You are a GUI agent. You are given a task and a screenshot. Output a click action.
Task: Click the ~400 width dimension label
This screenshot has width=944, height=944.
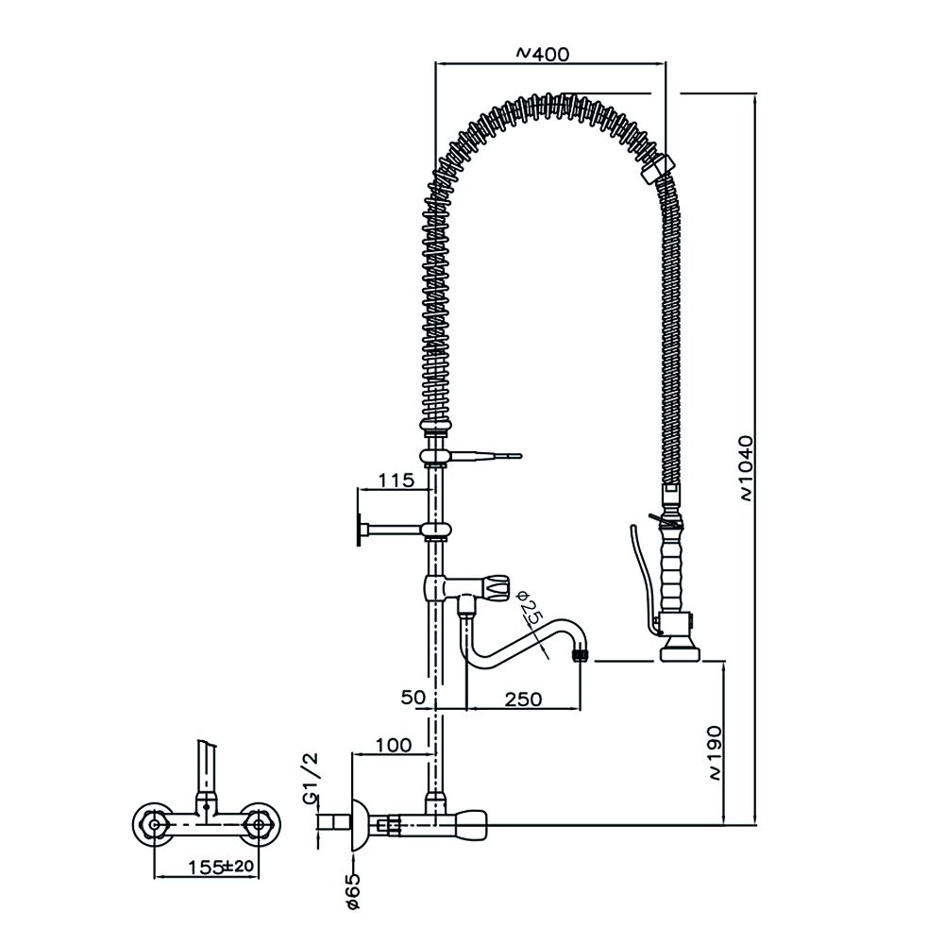point(544,54)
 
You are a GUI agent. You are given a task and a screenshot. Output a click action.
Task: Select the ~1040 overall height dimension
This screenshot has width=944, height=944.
point(745,466)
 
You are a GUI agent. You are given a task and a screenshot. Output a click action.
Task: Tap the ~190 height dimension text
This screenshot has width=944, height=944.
point(715,752)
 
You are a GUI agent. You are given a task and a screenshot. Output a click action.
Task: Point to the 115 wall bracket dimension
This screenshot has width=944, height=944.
point(396,480)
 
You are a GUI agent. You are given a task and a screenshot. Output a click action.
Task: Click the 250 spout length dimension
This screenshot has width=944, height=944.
point(523,699)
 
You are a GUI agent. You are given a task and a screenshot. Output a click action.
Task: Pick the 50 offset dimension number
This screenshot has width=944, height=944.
point(413,698)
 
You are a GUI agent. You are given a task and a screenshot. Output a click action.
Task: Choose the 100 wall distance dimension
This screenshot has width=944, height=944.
point(393,745)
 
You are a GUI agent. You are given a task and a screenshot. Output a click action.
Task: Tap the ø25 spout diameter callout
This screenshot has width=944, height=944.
point(531,615)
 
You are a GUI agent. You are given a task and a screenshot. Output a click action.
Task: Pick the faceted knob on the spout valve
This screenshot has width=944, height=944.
point(497,587)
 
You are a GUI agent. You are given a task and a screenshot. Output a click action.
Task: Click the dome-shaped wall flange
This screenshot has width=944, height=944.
point(360,825)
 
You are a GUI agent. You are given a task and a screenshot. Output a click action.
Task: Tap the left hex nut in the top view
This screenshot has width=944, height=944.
point(152,824)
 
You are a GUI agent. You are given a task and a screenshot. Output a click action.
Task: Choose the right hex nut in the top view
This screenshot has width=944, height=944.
point(256,824)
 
